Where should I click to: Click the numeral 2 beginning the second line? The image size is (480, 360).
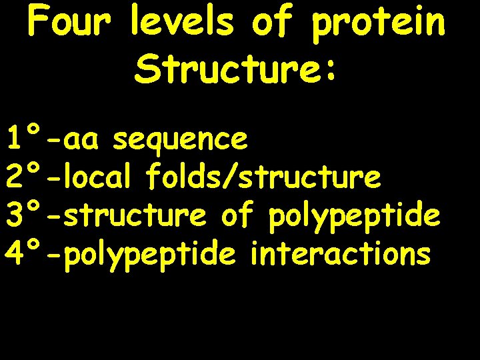[x=15, y=177]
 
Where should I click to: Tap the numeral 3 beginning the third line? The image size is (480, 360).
[x=15, y=215]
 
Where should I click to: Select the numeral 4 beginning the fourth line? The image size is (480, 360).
[x=15, y=253]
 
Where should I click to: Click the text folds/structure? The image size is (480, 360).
[x=263, y=177]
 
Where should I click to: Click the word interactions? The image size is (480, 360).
[x=341, y=253]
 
